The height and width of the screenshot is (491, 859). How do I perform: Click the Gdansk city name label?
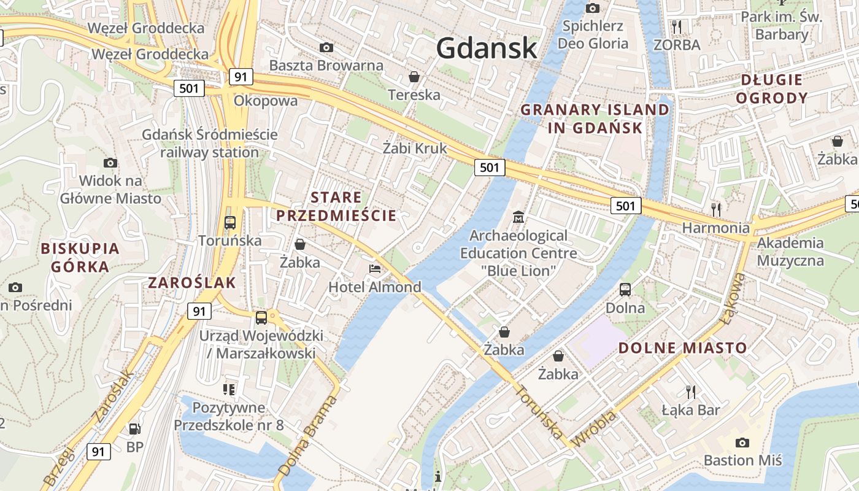click(x=487, y=48)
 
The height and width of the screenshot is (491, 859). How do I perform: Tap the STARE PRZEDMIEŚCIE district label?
click(x=336, y=206)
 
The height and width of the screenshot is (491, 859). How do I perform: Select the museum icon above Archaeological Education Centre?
click(x=518, y=217)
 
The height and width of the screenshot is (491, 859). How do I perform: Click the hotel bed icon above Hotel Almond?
click(x=374, y=268)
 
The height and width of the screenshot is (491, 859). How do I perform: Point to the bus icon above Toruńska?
click(x=230, y=222)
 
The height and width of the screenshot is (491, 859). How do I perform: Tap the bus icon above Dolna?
click(x=625, y=289)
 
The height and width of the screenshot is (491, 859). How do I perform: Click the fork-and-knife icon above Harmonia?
click(x=715, y=209)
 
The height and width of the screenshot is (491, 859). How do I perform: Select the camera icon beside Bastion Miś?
click(x=742, y=443)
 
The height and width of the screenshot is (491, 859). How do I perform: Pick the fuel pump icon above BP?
click(x=134, y=428)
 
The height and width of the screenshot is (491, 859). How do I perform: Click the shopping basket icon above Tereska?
click(x=414, y=77)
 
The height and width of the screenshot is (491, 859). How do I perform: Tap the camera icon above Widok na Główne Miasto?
click(x=110, y=163)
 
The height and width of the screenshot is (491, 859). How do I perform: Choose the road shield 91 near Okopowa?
click(x=241, y=77)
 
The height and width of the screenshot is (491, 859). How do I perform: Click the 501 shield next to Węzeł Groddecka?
click(x=189, y=88)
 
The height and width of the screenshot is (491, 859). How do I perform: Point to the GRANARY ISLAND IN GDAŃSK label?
click(x=595, y=118)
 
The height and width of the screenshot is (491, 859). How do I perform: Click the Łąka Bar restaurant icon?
click(x=691, y=391)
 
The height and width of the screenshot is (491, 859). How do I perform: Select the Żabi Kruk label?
click(x=415, y=148)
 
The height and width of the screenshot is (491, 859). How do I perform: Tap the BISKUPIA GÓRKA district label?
click(x=80, y=257)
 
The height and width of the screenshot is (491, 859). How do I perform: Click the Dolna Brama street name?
click(x=307, y=435)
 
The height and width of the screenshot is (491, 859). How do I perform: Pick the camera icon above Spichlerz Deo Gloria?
click(x=593, y=8)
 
